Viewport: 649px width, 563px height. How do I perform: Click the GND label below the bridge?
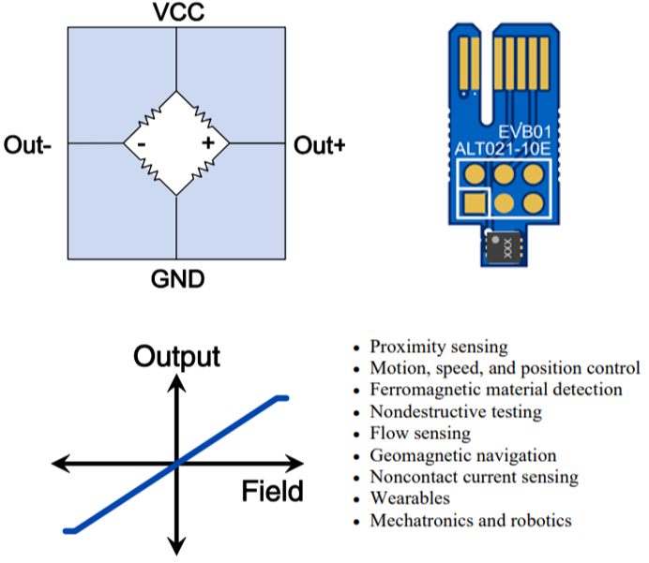[176, 279]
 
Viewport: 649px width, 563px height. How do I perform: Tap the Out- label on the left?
[28, 145]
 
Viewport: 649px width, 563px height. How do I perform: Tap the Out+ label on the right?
[320, 145]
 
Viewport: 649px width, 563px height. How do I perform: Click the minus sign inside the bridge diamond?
[141, 144]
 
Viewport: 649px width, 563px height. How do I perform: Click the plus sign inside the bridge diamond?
[207, 143]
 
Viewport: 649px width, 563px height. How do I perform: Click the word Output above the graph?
[176, 357]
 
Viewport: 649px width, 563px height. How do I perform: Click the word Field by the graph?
[272, 491]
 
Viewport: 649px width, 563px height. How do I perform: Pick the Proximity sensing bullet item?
[439, 347]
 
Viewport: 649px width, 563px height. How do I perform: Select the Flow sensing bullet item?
[420, 434]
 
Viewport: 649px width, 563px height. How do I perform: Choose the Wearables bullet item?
[410, 498]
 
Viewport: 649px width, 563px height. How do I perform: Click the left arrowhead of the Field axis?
[58, 463]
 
